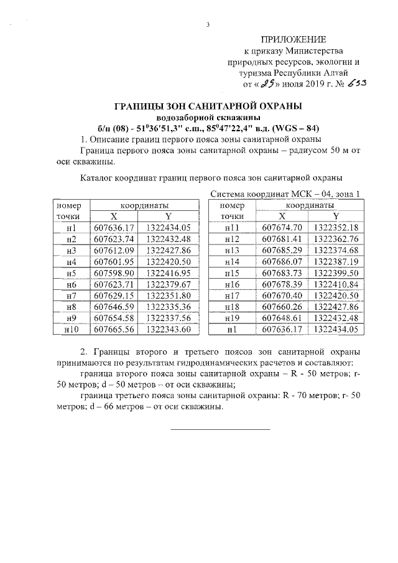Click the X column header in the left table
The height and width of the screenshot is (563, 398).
[114, 216]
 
